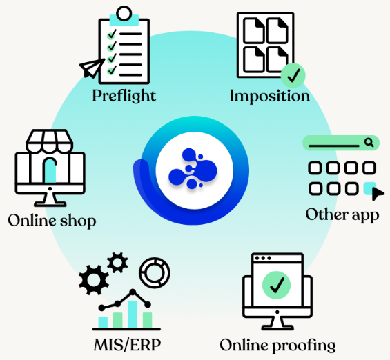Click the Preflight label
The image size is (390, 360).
[x=124, y=96]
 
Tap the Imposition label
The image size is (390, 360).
[x=270, y=96]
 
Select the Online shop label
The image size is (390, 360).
[x=52, y=221]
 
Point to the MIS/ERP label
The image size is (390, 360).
[x=127, y=345]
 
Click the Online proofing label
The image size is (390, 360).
[x=277, y=346]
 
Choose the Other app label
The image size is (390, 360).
[x=342, y=215]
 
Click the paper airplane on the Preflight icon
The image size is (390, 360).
[x=92, y=68]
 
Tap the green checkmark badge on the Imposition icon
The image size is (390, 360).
[x=293, y=76]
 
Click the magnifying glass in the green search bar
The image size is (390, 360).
[x=369, y=143]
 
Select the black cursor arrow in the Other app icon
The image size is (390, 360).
[x=377, y=194]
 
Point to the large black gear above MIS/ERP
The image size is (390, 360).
[x=93, y=280]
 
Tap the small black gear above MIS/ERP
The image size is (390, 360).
[x=117, y=263]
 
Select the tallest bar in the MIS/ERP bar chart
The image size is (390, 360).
[x=133, y=314]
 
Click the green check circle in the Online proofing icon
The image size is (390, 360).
[x=276, y=285]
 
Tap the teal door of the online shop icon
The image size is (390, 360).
[x=50, y=171]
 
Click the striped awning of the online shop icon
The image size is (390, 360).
[x=50, y=141]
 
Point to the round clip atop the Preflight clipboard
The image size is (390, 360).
[x=124, y=13]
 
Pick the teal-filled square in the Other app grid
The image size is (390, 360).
[x=369, y=188]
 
